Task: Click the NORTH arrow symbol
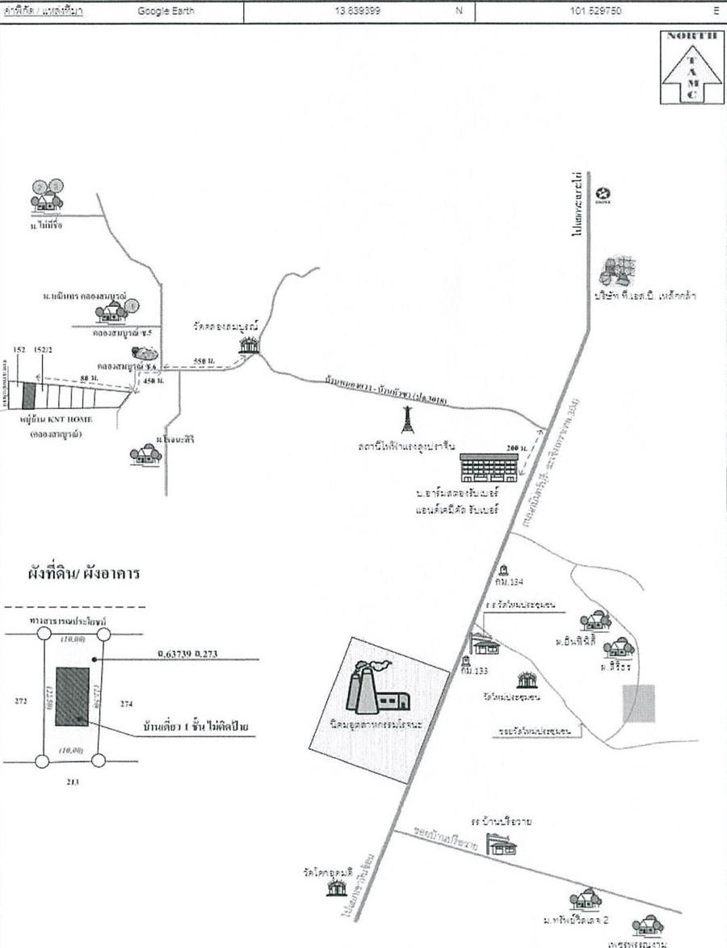[x=691, y=68]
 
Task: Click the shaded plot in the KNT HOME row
[x=29, y=395]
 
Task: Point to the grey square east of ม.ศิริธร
[x=639, y=703]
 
